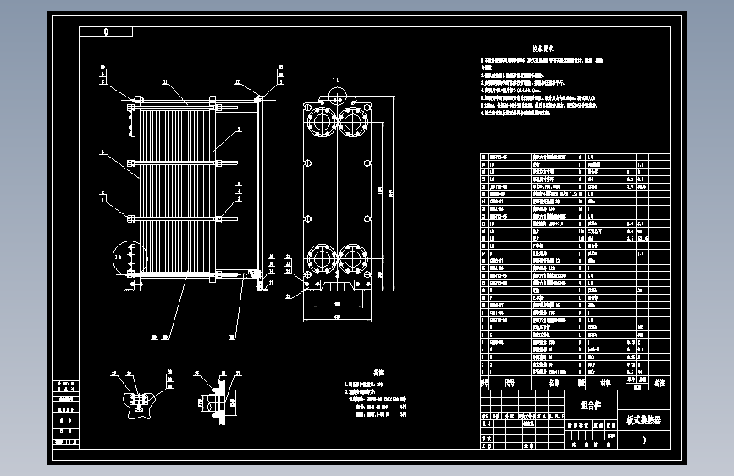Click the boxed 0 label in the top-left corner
coord(106,32)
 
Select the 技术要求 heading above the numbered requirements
coord(542,49)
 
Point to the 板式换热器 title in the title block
coord(644,418)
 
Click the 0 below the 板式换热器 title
coord(644,440)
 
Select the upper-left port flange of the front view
coord(323,120)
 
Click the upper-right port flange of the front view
coord(353,120)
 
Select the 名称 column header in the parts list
coord(554,383)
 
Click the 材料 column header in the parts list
coord(605,383)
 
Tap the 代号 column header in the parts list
coord(509,383)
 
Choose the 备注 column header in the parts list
coord(659,383)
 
